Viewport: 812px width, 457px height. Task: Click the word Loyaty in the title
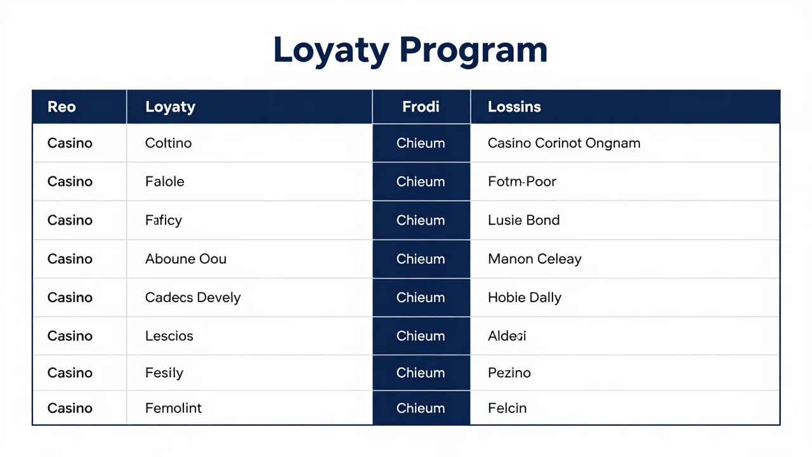point(331,51)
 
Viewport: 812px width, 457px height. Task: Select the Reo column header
point(62,107)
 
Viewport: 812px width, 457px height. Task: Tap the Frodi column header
point(421,107)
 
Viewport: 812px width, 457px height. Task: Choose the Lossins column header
point(514,107)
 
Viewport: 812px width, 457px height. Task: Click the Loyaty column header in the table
point(171,107)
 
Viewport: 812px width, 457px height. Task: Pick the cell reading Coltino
point(168,143)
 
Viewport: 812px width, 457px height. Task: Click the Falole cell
point(164,182)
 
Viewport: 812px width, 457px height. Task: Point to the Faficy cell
point(164,220)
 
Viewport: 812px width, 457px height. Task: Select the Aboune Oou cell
point(186,259)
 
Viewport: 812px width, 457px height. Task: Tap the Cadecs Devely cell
point(193,298)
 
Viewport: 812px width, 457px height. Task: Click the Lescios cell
point(169,336)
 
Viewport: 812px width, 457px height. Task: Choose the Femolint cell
point(173,408)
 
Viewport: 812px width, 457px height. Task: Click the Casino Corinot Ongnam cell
point(564,143)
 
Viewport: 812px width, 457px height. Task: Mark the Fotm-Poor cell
point(522,182)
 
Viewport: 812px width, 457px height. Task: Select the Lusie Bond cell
point(524,220)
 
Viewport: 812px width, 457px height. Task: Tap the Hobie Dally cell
point(525,298)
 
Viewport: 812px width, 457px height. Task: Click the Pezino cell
point(509,373)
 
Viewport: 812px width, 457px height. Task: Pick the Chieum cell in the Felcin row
point(421,408)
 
